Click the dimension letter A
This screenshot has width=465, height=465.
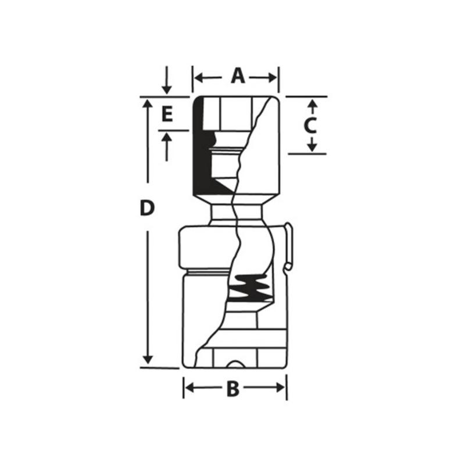tap(237, 76)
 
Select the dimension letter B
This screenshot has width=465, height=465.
tap(233, 389)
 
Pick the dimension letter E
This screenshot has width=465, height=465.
tap(167, 114)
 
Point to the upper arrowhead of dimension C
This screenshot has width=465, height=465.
tap(312, 104)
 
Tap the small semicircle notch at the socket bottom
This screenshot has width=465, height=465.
tap(235, 364)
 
